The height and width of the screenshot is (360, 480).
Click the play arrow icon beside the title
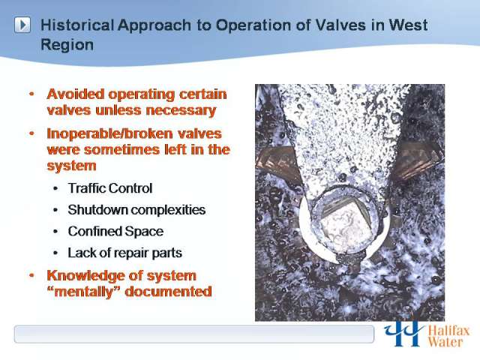(x=22, y=25)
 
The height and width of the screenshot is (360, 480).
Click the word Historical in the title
(x=77, y=25)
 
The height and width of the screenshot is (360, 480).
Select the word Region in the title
(x=67, y=45)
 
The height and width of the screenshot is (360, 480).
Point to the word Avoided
(x=76, y=94)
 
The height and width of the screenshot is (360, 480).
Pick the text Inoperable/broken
(x=109, y=134)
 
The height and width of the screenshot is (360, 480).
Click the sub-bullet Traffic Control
(x=110, y=188)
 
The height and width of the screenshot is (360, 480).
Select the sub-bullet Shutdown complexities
(x=136, y=210)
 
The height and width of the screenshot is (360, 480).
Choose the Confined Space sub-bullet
(x=115, y=232)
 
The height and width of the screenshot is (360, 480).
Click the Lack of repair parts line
(x=125, y=253)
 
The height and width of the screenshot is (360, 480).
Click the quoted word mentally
(x=83, y=292)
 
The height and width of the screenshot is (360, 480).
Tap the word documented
(x=168, y=292)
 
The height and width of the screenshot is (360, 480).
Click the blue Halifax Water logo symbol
(x=403, y=334)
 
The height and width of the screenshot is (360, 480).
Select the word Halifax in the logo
(x=448, y=331)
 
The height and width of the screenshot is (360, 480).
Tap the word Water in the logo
(x=445, y=342)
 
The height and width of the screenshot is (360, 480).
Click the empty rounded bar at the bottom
(x=194, y=334)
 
